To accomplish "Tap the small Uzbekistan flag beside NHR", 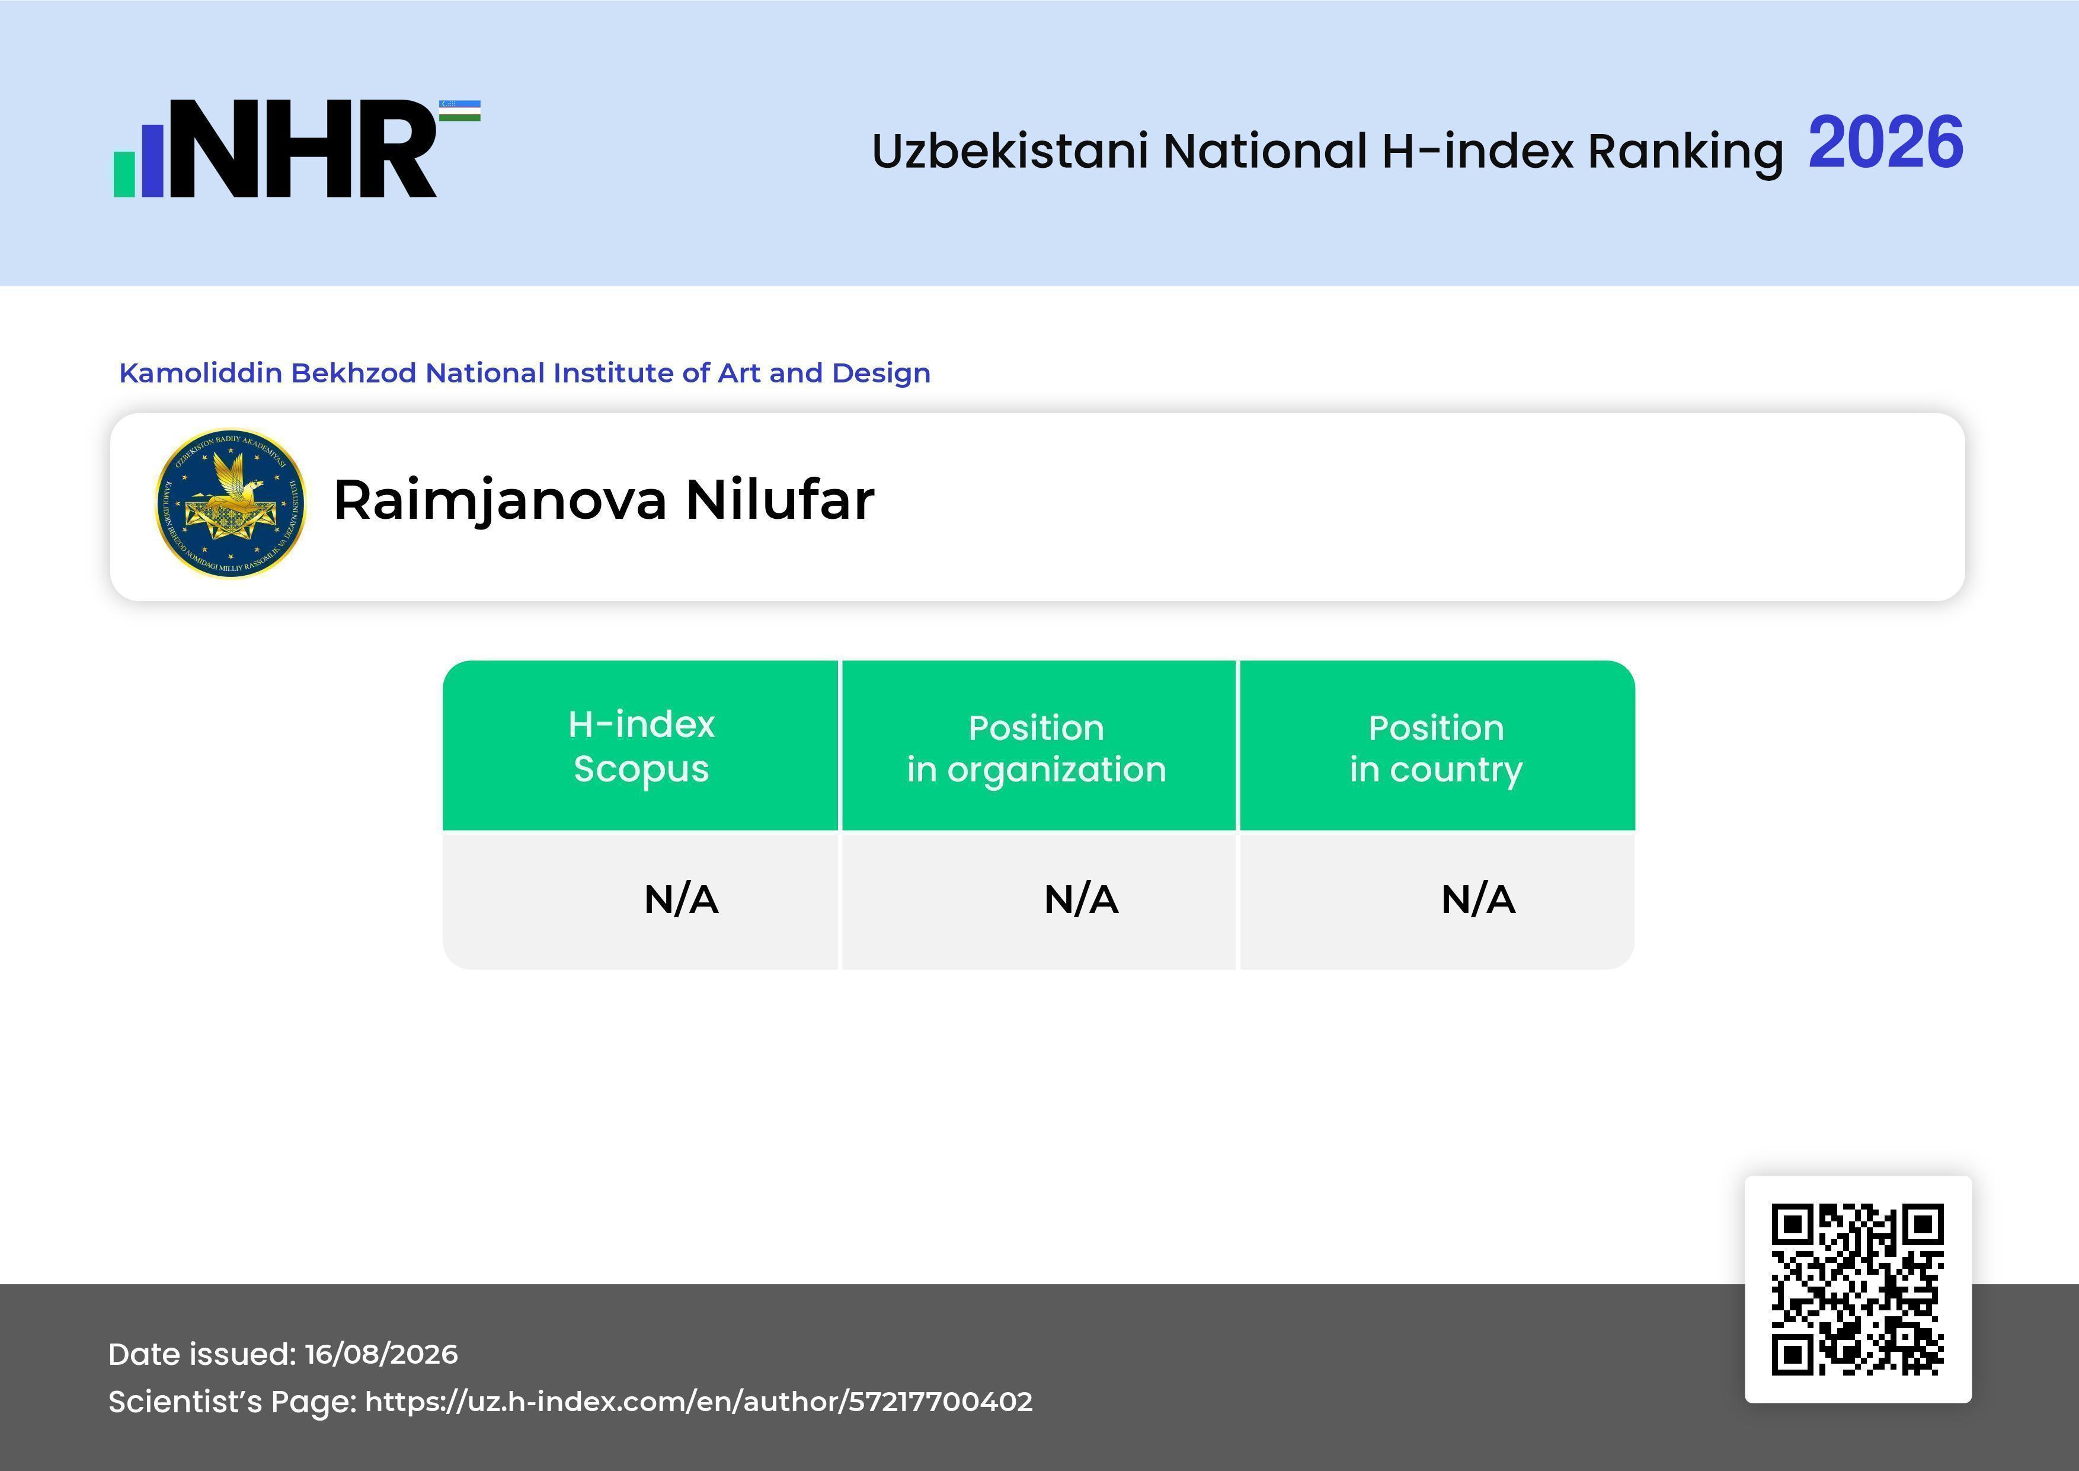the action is pos(460,110).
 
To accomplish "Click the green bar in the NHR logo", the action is pos(124,174).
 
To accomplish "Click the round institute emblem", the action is pos(231,503).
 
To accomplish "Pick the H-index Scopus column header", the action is pos(641,746).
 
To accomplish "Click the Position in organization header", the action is pos(1037,748).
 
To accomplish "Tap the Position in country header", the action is pos(1436,748).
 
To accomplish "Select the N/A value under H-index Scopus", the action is pos(681,899).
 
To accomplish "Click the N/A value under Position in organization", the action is pos(1081,899).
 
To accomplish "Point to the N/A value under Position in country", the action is pos(1477,899).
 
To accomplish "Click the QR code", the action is pos(1858,1289).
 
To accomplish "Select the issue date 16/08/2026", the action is pos(381,1354).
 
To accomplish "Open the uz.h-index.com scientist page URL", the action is pos(698,1402).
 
